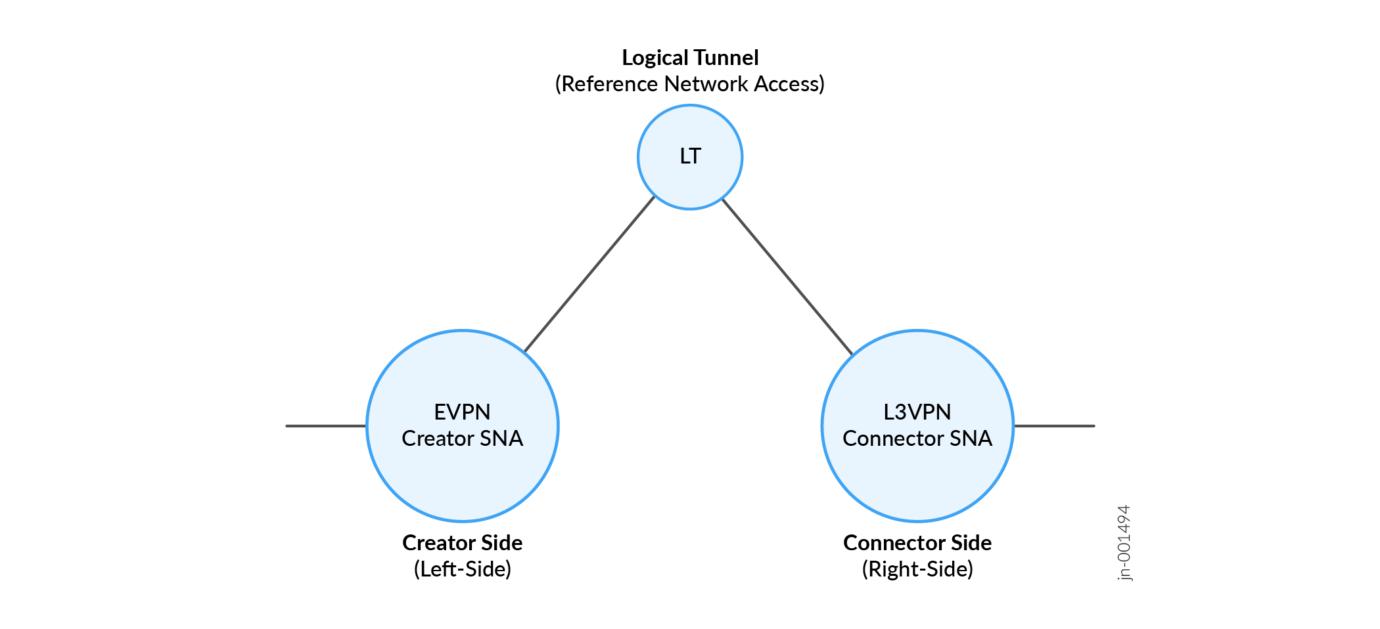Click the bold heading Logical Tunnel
(690, 58)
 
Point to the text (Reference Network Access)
(690, 84)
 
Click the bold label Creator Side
(462, 543)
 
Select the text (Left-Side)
(462, 569)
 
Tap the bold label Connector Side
(917, 543)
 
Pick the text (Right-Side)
(917, 569)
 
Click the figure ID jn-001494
(1124, 542)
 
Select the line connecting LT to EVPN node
(589, 274)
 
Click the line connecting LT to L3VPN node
(787, 276)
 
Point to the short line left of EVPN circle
(326, 426)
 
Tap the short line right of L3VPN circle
(1054, 426)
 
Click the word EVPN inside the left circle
(462, 412)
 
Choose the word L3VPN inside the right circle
(917, 412)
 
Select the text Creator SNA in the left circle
(462, 439)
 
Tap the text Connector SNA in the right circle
(917, 439)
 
